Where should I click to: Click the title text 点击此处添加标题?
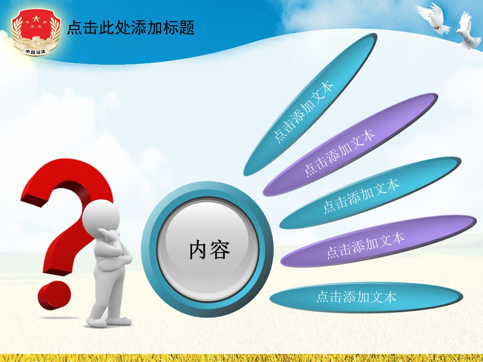point(131,28)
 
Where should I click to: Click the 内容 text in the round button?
point(209,250)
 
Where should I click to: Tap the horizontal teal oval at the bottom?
point(366,297)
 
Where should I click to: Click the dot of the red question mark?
point(53,296)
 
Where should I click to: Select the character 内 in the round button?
point(199,250)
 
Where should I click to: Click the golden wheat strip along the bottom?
point(242,358)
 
